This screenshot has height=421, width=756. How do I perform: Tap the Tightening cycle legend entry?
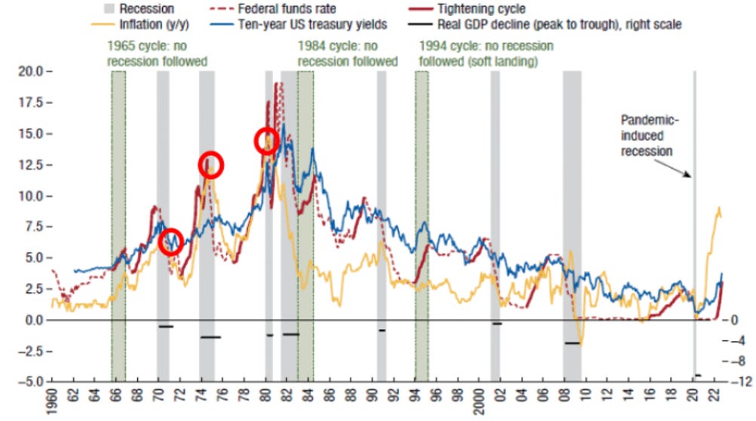point(480,9)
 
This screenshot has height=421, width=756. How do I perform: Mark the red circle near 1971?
point(171,242)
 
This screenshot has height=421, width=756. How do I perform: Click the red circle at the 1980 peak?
point(267,141)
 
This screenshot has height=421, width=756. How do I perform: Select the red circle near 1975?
point(211,164)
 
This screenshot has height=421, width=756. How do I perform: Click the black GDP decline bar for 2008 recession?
point(572,343)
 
